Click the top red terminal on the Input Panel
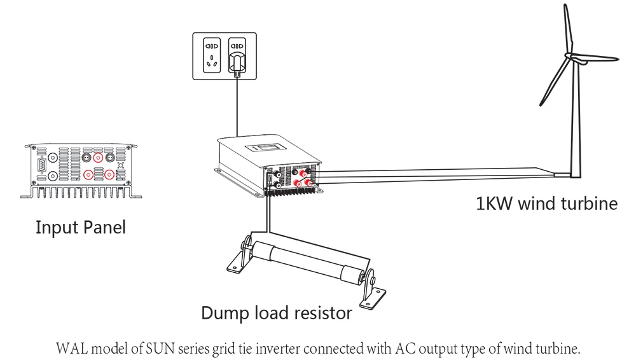point(99,157)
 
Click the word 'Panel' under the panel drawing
point(104,227)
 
